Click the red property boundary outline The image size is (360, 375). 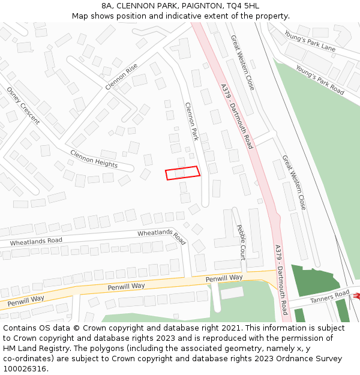pyautogui.click(x=182, y=173)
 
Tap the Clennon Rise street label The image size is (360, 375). pyautogui.click(x=125, y=77)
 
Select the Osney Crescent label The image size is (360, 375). pyautogui.click(x=23, y=106)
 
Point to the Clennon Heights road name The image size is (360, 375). pyautogui.click(x=94, y=159)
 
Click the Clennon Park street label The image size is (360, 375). pyautogui.click(x=191, y=121)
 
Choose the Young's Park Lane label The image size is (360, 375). pyautogui.click(x=310, y=41)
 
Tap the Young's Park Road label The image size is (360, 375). pyautogui.click(x=320, y=81)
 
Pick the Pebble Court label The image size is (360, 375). pyautogui.click(x=241, y=241)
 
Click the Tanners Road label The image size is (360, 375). pyautogui.click(x=329, y=296)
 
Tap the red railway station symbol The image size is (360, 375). pyautogui.click(x=356, y=295)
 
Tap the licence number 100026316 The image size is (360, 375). pyautogui.click(x=25, y=369)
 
